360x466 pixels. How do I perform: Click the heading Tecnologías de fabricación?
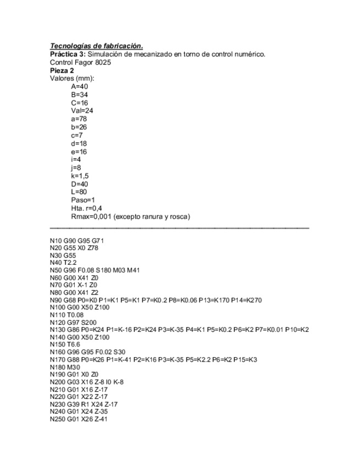[x=96, y=46]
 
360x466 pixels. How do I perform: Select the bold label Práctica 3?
[x=68, y=54]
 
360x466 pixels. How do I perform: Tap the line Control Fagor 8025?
[x=80, y=62]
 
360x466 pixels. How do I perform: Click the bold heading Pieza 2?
[x=62, y=70]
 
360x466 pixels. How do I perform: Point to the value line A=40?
[x=79, y=87]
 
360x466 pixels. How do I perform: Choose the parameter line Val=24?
[x=82, y=111]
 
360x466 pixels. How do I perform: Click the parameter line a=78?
[x=79, y=119]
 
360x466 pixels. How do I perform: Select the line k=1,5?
[x=80, y=176]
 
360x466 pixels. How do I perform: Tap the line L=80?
[x=79, y=192]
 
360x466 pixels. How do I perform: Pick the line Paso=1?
[x=83, y=200]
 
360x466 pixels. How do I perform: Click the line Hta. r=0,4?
[x=86, y=208]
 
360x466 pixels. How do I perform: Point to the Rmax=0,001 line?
[x=130, y=217]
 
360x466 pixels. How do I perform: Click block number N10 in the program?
[x=56, y=241]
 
